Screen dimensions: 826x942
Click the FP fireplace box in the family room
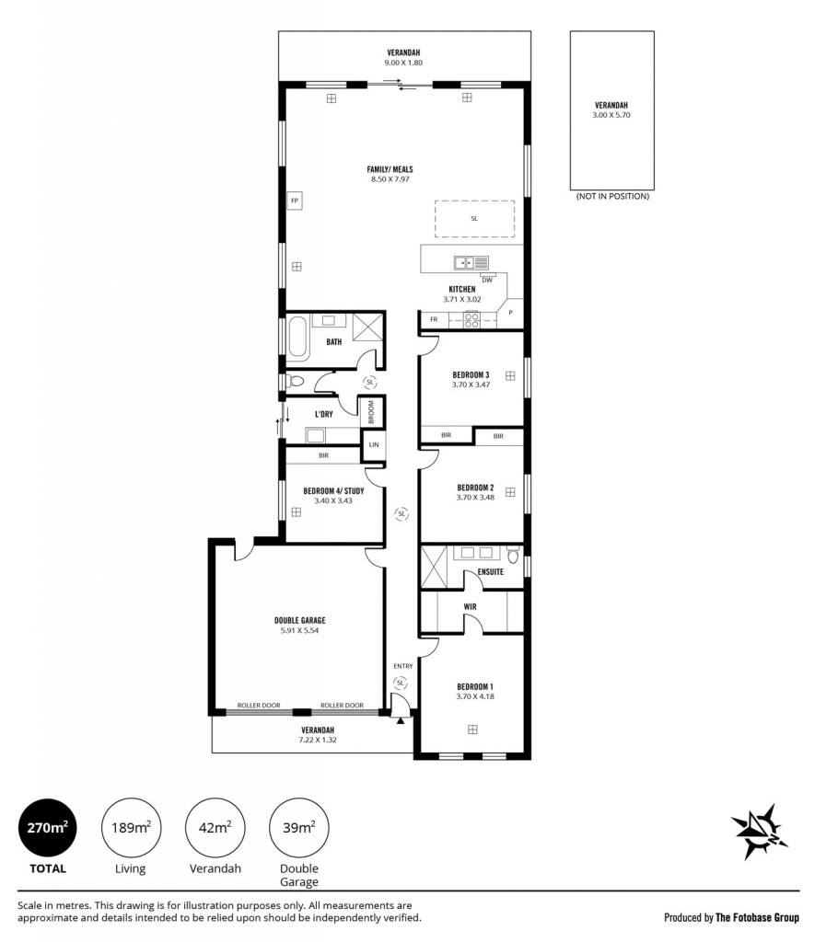[x=294, y=201]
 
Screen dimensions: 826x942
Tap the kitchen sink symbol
[x=471, y=262]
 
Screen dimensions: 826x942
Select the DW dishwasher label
[x=487, y=280]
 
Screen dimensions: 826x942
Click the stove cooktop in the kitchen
[x=471, y=320]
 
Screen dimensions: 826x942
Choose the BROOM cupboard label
[x=371, y=412]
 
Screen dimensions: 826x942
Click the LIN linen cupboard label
[x=374, y=445]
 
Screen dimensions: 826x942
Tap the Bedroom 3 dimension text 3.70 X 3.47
[x=471, y=385]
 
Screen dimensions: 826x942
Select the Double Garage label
[x=300, y=621]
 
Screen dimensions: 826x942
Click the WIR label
[x=471, y=607]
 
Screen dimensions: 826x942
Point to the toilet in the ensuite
[x=512, y=555]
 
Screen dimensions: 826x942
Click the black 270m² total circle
[x=48, y=828]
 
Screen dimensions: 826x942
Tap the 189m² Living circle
[x=131, y=828]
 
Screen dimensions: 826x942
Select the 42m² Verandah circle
[x=215, y=828]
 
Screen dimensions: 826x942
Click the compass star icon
[x=760, y=832]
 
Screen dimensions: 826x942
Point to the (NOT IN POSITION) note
[x=612, y=197]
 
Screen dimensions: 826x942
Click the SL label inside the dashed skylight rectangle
[x=474, y=219]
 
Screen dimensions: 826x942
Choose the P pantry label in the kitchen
[x=510, y=313]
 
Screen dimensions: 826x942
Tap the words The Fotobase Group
[x=758, y=917]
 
